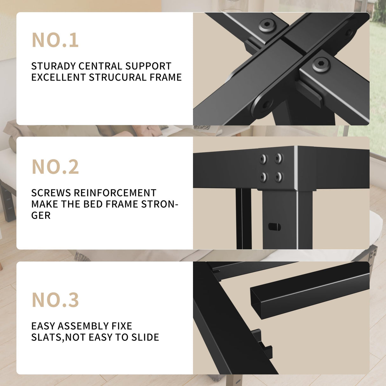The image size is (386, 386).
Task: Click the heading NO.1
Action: click(55, 40)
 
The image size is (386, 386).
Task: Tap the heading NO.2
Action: click(55, 167)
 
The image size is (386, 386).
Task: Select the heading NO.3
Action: click(55, 300)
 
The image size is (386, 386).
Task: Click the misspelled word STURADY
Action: click(53, 66)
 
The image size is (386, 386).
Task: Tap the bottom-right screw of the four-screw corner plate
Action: click(279, 177)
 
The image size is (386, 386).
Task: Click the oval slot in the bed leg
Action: click(274, 227)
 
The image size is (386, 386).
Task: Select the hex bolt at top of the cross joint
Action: click(267, 25)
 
